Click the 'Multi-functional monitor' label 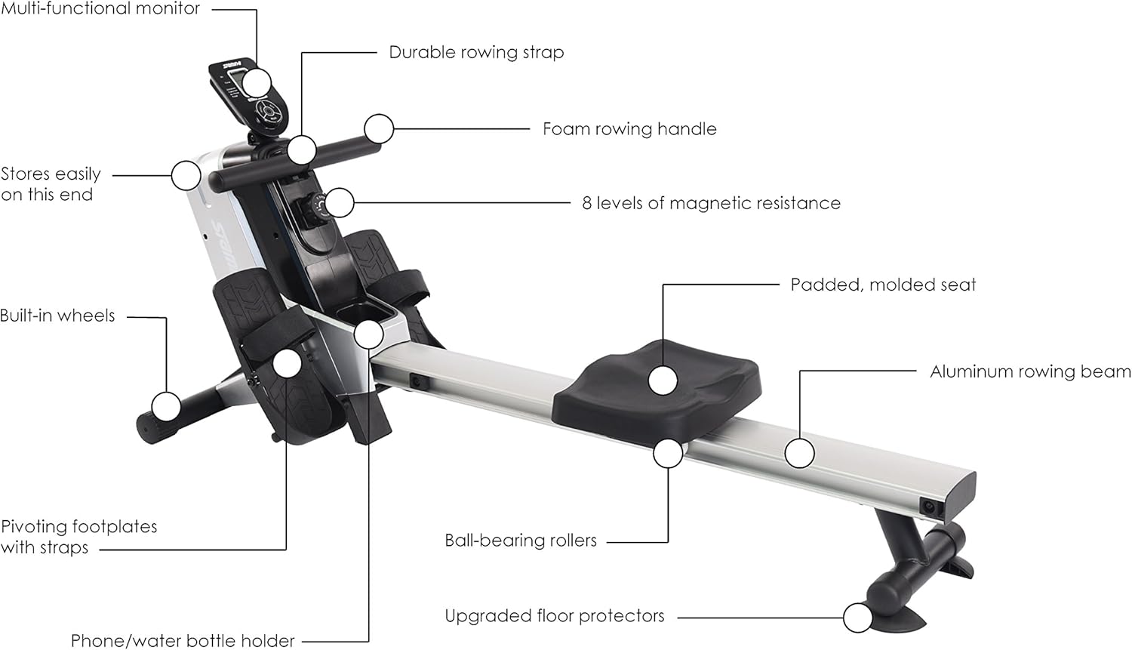(x=100, y=9)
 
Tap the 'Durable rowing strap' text (x=476, y=52)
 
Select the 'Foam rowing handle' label (x=629, y=129)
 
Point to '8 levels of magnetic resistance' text (x=711, y=203)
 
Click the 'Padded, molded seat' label (x=883, y=285)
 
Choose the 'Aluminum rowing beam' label (x=1030, y=371)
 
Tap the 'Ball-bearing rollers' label (x=521, y=541)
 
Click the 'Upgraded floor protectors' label (x=555, y=616)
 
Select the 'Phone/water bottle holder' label (x=183, y=641)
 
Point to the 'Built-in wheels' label (x=57, y=316)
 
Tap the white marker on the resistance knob (x=340, y=203)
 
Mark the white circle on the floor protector (x=857, y=618)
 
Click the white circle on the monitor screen (x=257, y=82)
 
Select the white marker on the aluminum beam (x=799, y=454)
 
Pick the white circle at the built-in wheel (x=166, y=407)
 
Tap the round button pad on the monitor (x=268, y=112)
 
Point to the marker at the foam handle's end (x=380, y=129)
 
